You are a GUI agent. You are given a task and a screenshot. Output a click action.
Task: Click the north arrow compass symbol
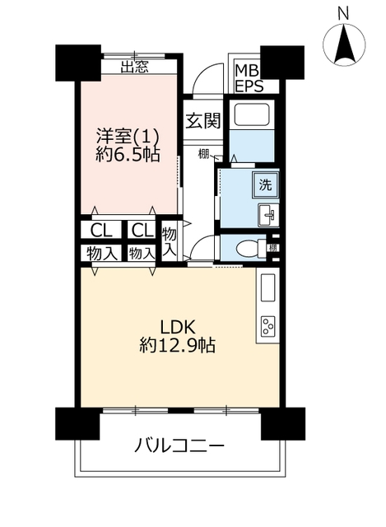(344, 44)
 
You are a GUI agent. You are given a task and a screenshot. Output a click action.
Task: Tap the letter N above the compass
(343, 14)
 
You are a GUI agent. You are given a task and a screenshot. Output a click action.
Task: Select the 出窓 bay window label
(134, 68)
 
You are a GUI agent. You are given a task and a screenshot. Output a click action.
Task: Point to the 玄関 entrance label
(203, 121)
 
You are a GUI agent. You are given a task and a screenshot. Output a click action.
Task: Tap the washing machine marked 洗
(265, 185)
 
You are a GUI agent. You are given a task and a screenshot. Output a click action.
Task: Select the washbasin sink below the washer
(267, 215)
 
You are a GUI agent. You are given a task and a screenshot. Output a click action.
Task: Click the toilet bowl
(250, 249)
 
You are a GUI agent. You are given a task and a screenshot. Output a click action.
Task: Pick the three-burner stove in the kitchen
(268, 326)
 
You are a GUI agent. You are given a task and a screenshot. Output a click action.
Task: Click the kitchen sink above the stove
(267, 287)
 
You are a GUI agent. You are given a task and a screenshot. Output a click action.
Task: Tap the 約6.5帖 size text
(128, 155)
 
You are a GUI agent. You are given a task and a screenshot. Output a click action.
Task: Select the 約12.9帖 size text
(178, 345)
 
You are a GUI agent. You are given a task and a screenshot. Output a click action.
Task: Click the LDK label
(178, 327)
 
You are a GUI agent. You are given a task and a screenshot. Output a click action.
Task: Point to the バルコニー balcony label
(179, 446)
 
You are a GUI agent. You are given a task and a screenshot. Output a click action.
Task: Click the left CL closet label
(101, 231)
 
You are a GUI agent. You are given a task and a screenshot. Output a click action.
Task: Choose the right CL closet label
(142, 231)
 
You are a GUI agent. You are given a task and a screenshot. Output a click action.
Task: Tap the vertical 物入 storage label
(170, 241)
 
